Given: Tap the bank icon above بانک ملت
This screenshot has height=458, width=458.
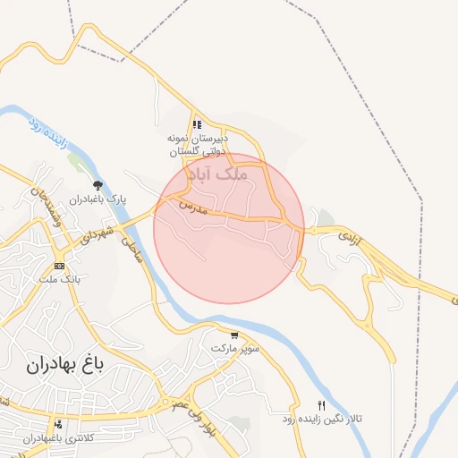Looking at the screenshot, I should tap(59, 266).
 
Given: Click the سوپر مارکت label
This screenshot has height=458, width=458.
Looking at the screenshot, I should tap(234, 347).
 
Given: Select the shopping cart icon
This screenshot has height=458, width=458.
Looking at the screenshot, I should tap(234, 335).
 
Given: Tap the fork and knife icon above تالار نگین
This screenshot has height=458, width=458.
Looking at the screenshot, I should tap(323, 404).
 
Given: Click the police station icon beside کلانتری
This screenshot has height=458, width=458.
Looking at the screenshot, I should tap(58, 424).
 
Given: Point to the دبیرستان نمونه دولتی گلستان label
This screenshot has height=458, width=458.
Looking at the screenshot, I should tap(198, 146).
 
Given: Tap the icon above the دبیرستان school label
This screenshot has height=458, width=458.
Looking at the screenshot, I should tap(197, 125).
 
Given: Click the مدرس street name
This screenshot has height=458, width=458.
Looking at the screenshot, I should tap(193, 208).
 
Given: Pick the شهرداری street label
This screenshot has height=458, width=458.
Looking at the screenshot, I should tap(95, 233).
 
